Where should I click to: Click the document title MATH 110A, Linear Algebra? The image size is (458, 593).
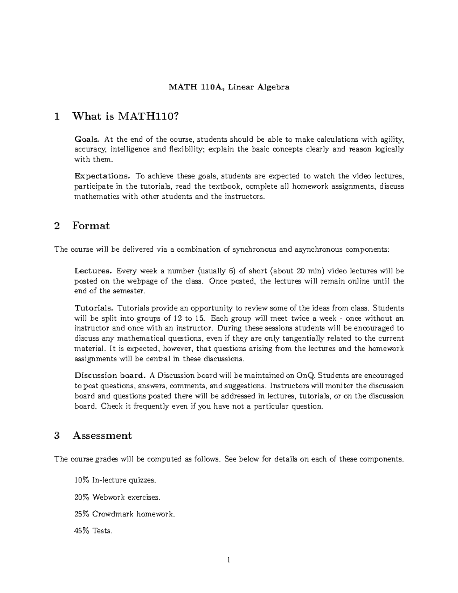[229, 87]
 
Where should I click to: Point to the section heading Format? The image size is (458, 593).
[91, 226]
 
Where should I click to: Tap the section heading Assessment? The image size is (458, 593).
[102, 436]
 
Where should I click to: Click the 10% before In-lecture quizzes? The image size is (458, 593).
[82, 480]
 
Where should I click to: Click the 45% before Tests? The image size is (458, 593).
[82, 531]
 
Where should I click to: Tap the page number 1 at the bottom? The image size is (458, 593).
[229, 560]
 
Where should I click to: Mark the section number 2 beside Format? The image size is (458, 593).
[57, 226]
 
